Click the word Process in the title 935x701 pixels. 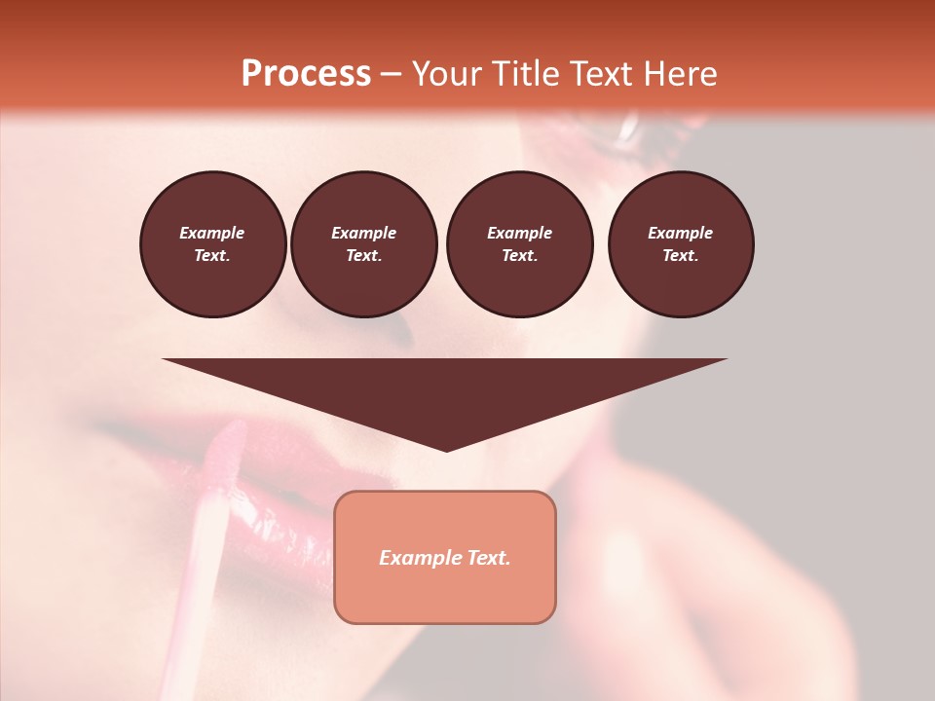point(306,74)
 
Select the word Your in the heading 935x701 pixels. point(448,74)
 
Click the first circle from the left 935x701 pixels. point(212,243)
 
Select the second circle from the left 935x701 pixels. point(363,243)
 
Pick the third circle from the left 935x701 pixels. point(519,243)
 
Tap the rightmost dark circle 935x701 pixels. point(680,243)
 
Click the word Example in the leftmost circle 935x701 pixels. point(212,233)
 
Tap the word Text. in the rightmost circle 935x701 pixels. point(680,255)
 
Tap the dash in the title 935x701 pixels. point(391,74)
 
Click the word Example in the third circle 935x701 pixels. point(519,233)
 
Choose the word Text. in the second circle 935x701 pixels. point(363,255)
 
